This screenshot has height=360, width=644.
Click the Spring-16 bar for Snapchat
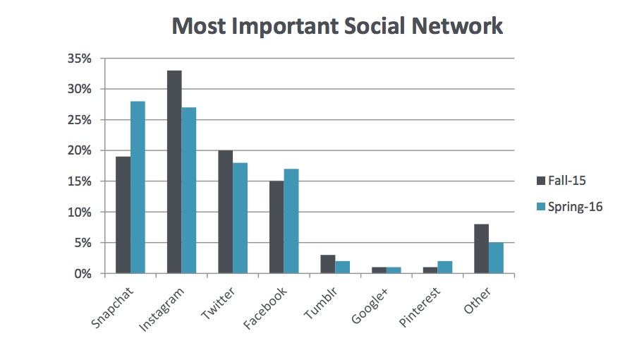(138, 187)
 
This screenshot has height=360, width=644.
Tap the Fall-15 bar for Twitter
(225, 212)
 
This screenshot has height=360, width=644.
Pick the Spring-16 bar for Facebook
(291, 221)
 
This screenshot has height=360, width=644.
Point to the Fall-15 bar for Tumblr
(327, 264)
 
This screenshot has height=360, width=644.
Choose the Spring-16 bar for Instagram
(189, 190)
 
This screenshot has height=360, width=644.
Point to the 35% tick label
(79, 59)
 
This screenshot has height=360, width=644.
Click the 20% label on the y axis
(79, 150)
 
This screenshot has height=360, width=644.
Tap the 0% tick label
(82, 273)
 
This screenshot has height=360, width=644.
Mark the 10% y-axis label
(79, 212)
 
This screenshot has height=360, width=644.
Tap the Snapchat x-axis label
(114, 308)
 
